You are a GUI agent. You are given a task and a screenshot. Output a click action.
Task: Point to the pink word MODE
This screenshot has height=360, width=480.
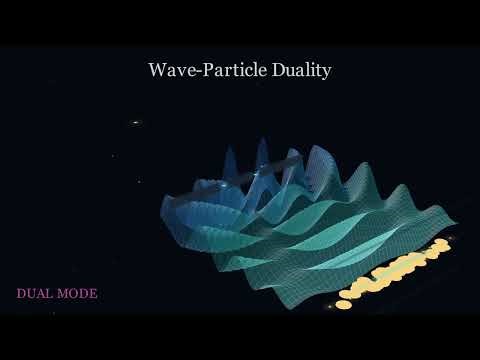coord(79,294)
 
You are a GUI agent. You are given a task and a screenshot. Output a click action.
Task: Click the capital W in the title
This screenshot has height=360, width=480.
coord(158,70)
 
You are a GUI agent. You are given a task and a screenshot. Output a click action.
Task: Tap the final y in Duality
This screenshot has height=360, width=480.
coord(326,73)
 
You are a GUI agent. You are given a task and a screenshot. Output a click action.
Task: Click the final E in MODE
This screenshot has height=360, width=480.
coord(93,294)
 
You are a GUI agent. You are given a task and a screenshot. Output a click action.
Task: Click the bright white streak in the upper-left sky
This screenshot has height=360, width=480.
coord(135,123)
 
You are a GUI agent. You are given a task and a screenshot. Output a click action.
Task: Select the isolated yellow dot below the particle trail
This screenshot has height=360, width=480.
coord(343,304)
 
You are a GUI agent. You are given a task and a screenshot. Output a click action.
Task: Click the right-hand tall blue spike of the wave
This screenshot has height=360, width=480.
coord(262,152)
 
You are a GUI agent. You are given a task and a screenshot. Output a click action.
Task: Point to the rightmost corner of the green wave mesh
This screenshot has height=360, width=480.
coord(459,223)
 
